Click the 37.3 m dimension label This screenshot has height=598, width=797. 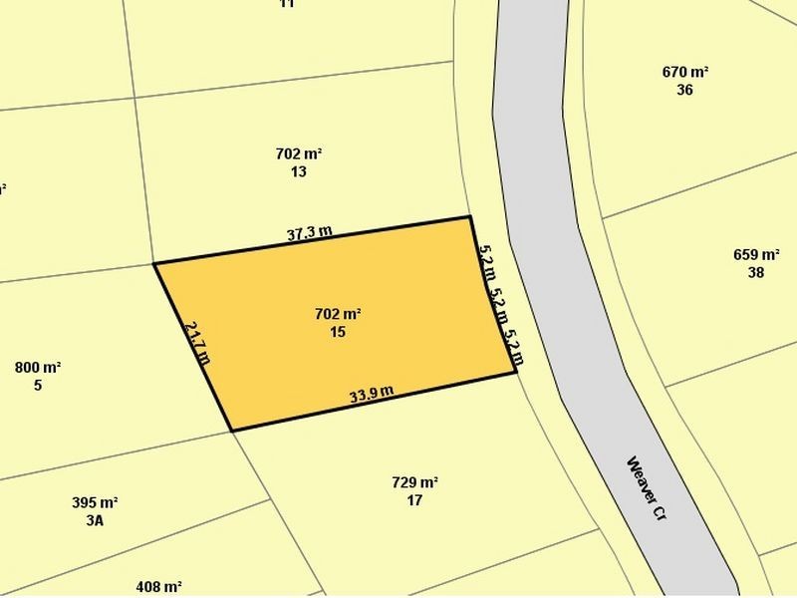pyautogui.click(x=309, y=235)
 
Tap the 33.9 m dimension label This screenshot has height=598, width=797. pyautogui.click(x=373, y=394)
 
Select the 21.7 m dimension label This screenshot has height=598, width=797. pyautogui.click(x=197, y=342)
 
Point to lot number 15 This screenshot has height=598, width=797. pyautogui.click(x=337, y=331)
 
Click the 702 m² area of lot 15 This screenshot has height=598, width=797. pyautogui.click(x=337, y=314)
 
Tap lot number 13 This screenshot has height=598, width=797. pyautogui.click(x=299, y=171)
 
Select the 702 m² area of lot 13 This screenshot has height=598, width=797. pyautogui.click(x=299, y=154)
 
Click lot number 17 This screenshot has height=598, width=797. pyautogui.click(x=414, y=500)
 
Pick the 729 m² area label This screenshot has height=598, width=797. pyautogui.click(x=415, y=483)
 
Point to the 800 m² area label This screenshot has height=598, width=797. pyautogui.click(x=38, y=368)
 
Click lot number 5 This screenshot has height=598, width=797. pyautogui.click(x=38, y=385)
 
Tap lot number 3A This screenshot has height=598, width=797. pyautogui.click(x=95, y=520)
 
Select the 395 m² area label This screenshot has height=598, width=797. pyautogui.click(x=95, y=503)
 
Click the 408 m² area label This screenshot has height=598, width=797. pyautogui.click(x=159, y=587)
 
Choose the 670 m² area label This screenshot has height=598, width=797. pyautogui.click(x=684, y=72)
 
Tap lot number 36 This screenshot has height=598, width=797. pyautogui.click(x=684, y=90)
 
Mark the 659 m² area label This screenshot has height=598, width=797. pyautogui.click(x=756, y=254)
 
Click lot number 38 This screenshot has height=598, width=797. pyautogui.click(x=756, y=271)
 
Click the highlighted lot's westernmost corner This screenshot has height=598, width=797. pyautogui.click(x=154, y=264)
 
